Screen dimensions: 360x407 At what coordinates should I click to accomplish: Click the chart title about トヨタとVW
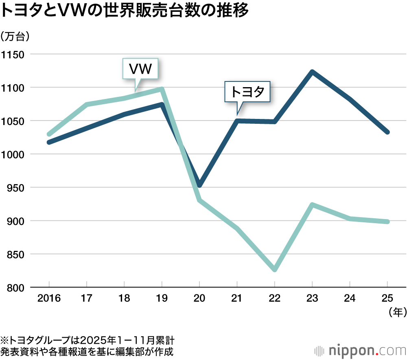pos(124,11)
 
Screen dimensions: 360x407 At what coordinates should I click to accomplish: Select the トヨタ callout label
pos(247,92)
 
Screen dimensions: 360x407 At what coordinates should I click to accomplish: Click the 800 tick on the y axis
pos(15,288)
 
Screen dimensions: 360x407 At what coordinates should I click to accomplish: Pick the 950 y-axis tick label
pos(15,188)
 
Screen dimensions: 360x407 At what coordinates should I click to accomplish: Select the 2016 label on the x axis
pos(49,299)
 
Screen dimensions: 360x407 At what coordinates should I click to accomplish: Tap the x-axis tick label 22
pos(275,299)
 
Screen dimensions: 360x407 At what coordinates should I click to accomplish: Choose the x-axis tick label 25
pos(387,299)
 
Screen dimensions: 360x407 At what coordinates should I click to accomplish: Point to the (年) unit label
pos(394,313)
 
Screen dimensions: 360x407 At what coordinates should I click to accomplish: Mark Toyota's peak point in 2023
pos(312,72)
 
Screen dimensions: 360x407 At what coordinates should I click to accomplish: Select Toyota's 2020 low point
pos(199,185)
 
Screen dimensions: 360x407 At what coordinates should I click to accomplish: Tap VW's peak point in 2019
pos(162,89)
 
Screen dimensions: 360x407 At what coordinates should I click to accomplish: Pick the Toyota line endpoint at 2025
pos(387,132)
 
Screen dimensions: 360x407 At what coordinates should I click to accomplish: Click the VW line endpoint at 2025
pos(387,222)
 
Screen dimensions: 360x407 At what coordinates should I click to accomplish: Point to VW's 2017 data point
pos(87,105)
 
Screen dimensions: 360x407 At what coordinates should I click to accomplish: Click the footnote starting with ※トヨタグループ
pos(88,340)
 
